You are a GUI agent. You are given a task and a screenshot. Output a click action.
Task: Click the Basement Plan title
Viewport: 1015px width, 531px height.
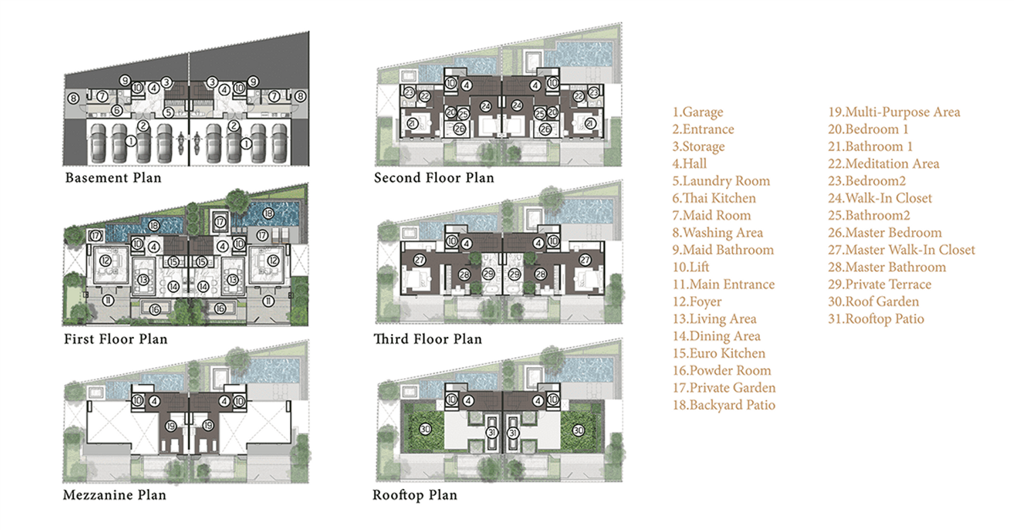pyautogui.click(x=113, y=178)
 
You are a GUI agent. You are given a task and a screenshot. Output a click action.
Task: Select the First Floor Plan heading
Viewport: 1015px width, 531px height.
pyautogui.click(x=116, y=339)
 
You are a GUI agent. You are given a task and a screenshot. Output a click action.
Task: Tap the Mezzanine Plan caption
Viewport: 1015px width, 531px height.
pyautogui.click(x=114, y=494)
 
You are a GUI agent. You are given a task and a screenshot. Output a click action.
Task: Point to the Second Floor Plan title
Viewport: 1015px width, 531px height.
pyautogui.click(x=434, y=178)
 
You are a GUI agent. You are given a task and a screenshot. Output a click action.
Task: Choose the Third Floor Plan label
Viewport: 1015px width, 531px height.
pyautogui.click(x=428, y=339)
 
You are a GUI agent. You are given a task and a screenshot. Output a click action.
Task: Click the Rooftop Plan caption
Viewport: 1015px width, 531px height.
pyautogui.click(x=415, y=494)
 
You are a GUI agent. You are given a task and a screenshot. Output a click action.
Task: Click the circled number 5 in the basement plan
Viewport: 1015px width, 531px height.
pyautogui.click(x=168, y=112)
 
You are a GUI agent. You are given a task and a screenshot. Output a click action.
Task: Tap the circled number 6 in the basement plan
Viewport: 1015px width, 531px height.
pyautogui.click(x=117, y=110)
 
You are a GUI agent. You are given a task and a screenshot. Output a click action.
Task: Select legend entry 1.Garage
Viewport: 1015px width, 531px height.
pyautogui.click(x=698, y=112)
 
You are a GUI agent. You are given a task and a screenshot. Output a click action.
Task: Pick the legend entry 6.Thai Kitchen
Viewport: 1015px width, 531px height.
pyautogui.click(x=714, y=198)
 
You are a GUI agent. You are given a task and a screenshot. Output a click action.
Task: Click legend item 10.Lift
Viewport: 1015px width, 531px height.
pyautogui.click(x=691, y=267)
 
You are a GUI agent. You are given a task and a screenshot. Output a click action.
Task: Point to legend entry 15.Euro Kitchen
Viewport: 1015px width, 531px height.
pyautogui.click(x=719, y=353)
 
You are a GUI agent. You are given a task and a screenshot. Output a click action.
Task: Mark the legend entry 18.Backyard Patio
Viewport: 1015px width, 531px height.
pyautogui.click(x=723, y=405)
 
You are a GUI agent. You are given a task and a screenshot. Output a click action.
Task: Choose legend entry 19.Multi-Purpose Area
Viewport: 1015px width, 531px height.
pyautogui.click(x=894, y=112)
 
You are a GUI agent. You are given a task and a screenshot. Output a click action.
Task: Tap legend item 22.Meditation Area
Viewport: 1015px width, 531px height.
pyautogui.click(x=884, y=164)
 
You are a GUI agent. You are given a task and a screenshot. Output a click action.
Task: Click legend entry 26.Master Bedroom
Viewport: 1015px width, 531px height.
pyautogui.click(x=885, y=233)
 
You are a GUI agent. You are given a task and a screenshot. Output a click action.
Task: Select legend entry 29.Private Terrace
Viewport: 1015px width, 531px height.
pyautogui.click(x=880, y=284)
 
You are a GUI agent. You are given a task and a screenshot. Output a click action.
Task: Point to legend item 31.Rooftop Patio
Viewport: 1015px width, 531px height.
pyautogui.click(x=876, y=319)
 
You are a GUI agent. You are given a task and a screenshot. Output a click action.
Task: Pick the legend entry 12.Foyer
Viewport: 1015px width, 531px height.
pyautogui.click(x=697, y=301)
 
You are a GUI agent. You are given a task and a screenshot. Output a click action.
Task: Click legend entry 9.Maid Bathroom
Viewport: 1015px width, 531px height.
pyautogui.click(x=723, y=250)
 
